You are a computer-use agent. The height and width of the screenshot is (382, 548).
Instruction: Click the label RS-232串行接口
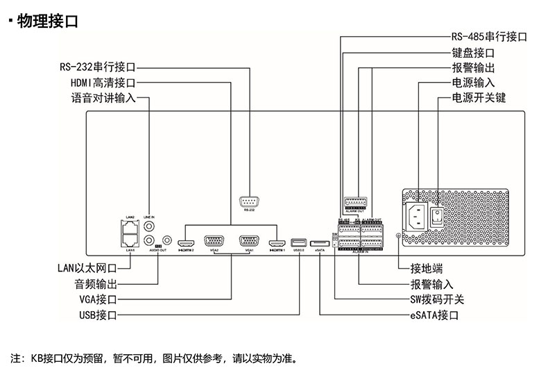tap(97, 68)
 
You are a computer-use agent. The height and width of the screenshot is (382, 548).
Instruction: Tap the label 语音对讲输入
tap(103, 99)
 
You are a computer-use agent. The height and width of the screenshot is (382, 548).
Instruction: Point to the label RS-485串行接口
tap(490, 37)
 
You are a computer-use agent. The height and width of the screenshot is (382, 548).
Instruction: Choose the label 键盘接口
tap(472, 52)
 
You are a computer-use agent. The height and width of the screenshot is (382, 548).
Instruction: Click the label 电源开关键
tap(479, 98)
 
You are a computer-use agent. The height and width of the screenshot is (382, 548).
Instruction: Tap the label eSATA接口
tap(434, 315)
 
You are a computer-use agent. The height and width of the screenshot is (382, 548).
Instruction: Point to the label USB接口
tap(97, 315)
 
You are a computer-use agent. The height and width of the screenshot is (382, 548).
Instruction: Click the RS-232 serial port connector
tap(250, 202)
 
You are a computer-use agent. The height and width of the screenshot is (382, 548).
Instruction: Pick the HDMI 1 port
tap(277, 243)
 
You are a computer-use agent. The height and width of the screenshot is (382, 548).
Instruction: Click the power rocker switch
tap(437, 217)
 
